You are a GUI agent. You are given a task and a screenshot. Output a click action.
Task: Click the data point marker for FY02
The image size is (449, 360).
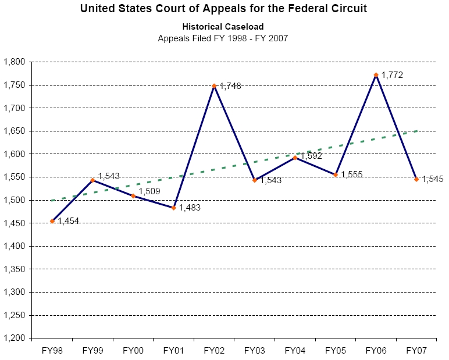click(214, 85)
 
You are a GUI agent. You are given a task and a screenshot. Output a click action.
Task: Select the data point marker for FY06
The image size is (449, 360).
click(376, 74)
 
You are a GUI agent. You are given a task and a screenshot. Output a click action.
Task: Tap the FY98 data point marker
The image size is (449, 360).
click(52, 221)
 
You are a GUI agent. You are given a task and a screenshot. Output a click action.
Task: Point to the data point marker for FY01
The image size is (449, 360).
click(174, 208)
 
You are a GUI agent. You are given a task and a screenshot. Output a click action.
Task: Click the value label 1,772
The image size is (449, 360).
click(392, 75)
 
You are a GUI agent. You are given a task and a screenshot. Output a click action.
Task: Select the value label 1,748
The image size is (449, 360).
click(230, 86)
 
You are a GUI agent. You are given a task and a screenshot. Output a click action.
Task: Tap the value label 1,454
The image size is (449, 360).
click(69, 221)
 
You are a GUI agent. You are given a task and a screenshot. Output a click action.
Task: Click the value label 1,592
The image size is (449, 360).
click(311, 156)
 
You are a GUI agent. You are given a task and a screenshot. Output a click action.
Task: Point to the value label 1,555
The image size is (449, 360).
click(351, 174)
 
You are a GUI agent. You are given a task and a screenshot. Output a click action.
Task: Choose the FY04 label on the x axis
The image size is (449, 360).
click(295, 351)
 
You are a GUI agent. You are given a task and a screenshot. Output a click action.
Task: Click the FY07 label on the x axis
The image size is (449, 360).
click(416, 351)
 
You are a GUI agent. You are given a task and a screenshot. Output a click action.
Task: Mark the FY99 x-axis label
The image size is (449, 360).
click(92, 351)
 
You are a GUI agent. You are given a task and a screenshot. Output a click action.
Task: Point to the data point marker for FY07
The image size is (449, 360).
click(416, 179)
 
